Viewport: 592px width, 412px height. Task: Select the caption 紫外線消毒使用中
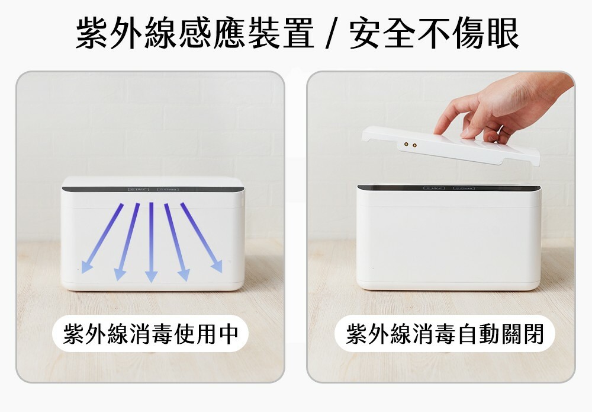[150, 334]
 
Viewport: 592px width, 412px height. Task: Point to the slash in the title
[331, 34]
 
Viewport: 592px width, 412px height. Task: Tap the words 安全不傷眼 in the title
[434, 33]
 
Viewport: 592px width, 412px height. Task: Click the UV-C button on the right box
[435, 188]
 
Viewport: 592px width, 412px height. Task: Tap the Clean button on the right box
[464, 188]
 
